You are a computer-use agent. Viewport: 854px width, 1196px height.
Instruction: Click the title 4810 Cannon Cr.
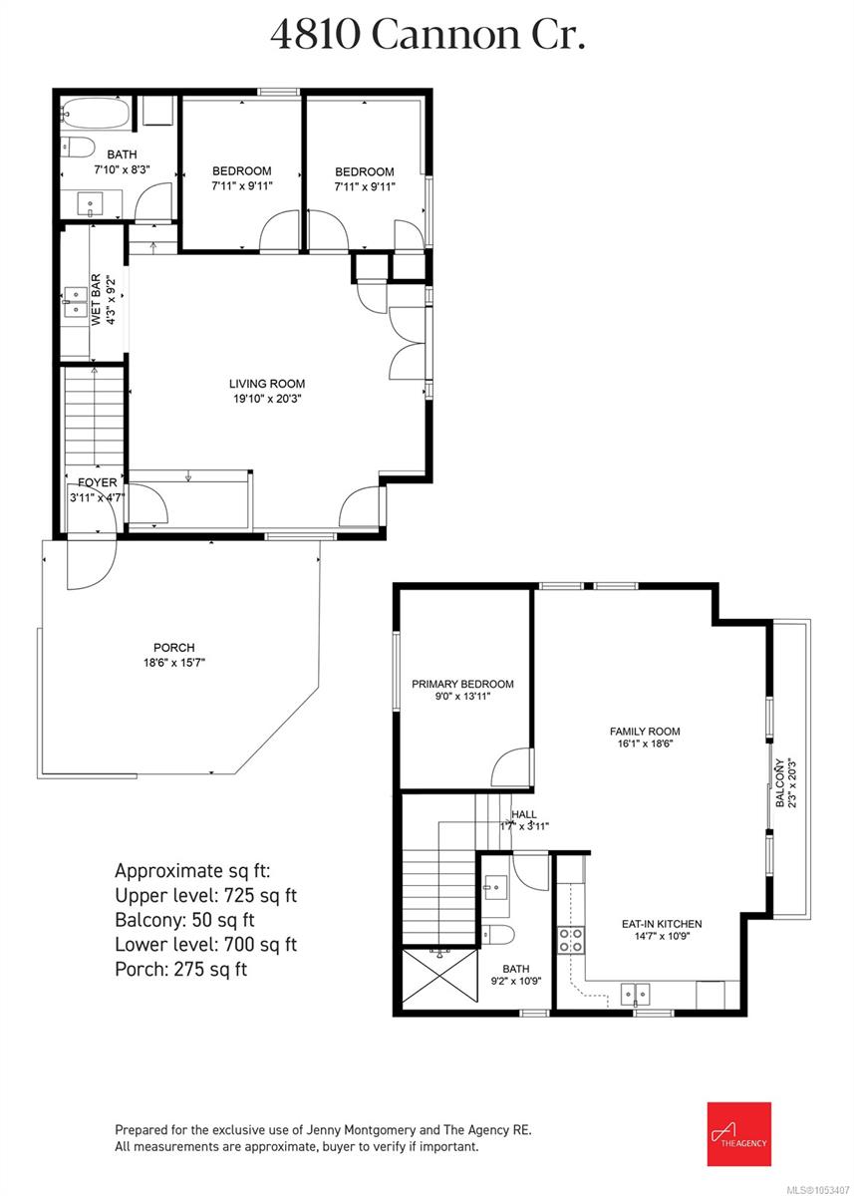tap(427, 36)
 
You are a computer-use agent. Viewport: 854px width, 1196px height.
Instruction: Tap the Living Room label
tap(267, 384)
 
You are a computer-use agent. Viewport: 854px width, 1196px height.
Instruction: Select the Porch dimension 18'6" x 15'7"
tap(174, 663)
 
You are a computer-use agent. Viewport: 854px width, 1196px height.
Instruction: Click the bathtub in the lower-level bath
tap(95, 113)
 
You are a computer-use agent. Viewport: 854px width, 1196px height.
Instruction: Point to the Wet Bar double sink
tap(76, 302)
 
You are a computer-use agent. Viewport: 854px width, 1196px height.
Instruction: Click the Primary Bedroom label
tap(462, 684)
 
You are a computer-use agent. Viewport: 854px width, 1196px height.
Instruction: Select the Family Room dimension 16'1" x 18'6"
tap(645, 744)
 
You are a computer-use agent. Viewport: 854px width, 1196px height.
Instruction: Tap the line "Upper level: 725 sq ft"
tap(206, 895)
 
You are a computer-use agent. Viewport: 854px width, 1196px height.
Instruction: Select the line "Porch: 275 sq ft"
tap(181, 969)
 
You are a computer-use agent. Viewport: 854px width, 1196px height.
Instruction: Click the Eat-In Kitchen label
tap(662, 924)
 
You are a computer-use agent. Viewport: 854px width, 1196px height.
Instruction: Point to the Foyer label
tap(97, 482)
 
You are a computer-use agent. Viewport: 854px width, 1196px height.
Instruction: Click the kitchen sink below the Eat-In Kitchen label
tap(635, 995)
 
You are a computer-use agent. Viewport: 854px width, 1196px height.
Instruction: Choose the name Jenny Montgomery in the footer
tap(361, 1130)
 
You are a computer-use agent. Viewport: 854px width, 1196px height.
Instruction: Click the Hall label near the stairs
tap(524, 814)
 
